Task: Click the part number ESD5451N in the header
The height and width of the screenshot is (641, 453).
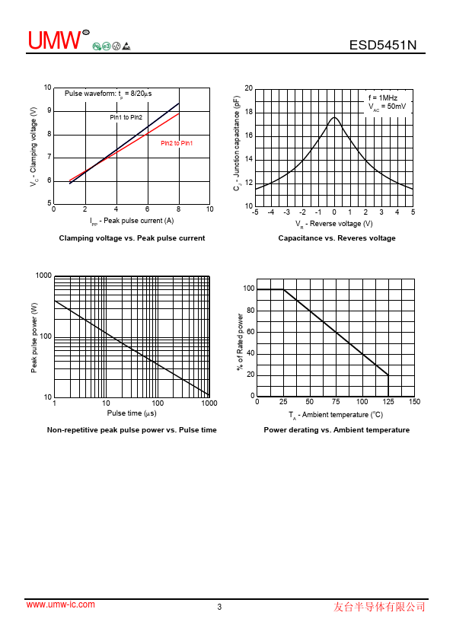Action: click(383, 45)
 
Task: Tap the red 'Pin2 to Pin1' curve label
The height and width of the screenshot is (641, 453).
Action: click(177, 143)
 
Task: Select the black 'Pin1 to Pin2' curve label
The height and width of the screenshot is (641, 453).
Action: click(126, 117)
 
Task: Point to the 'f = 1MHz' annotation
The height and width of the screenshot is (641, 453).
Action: click(383, 97)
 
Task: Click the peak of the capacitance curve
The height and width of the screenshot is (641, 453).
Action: click(334, 117)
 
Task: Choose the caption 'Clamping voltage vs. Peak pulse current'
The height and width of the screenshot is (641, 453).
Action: click(132, 238)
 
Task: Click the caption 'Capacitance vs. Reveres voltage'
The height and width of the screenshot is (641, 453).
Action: click(337, 238)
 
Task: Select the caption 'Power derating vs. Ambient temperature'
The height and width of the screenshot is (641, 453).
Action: click(337, 429)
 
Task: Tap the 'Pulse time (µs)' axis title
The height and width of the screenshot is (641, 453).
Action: click(132, 413)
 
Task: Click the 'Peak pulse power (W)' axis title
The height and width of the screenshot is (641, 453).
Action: click(34, 338)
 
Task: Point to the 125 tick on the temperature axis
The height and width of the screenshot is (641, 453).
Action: click(388, 401)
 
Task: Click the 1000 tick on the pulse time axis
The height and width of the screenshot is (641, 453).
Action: click(209, 403)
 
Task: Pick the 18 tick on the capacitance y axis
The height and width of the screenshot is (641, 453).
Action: click(248, 112)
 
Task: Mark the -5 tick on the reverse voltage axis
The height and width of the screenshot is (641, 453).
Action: click(255, 212)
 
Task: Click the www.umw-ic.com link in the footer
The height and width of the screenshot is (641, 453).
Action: click(60, 604)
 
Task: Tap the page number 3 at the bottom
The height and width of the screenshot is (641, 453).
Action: click(219, 607)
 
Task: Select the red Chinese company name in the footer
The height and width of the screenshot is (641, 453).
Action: click(379, 607)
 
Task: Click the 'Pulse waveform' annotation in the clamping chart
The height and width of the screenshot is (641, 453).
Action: click(108, 94)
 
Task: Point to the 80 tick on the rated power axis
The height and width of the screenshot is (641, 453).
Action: click(250, 311)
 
